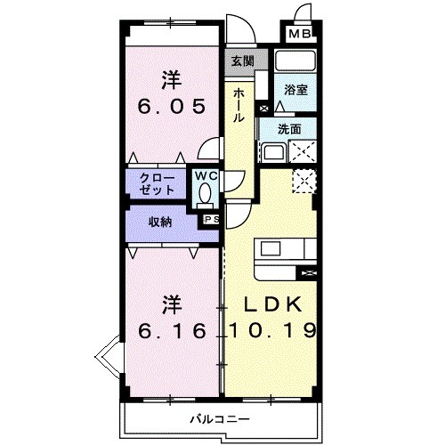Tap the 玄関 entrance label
tap(242, 61)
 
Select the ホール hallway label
tap(240, 104)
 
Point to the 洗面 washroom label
tap(289, 128)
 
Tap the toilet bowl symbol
tap(206, 193)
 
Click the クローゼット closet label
tap(157, 183)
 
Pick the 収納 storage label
tap(161, 222)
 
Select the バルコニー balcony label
tap(219, 418)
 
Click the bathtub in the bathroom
tap(295, 61)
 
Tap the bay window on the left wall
tap(109, 360)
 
